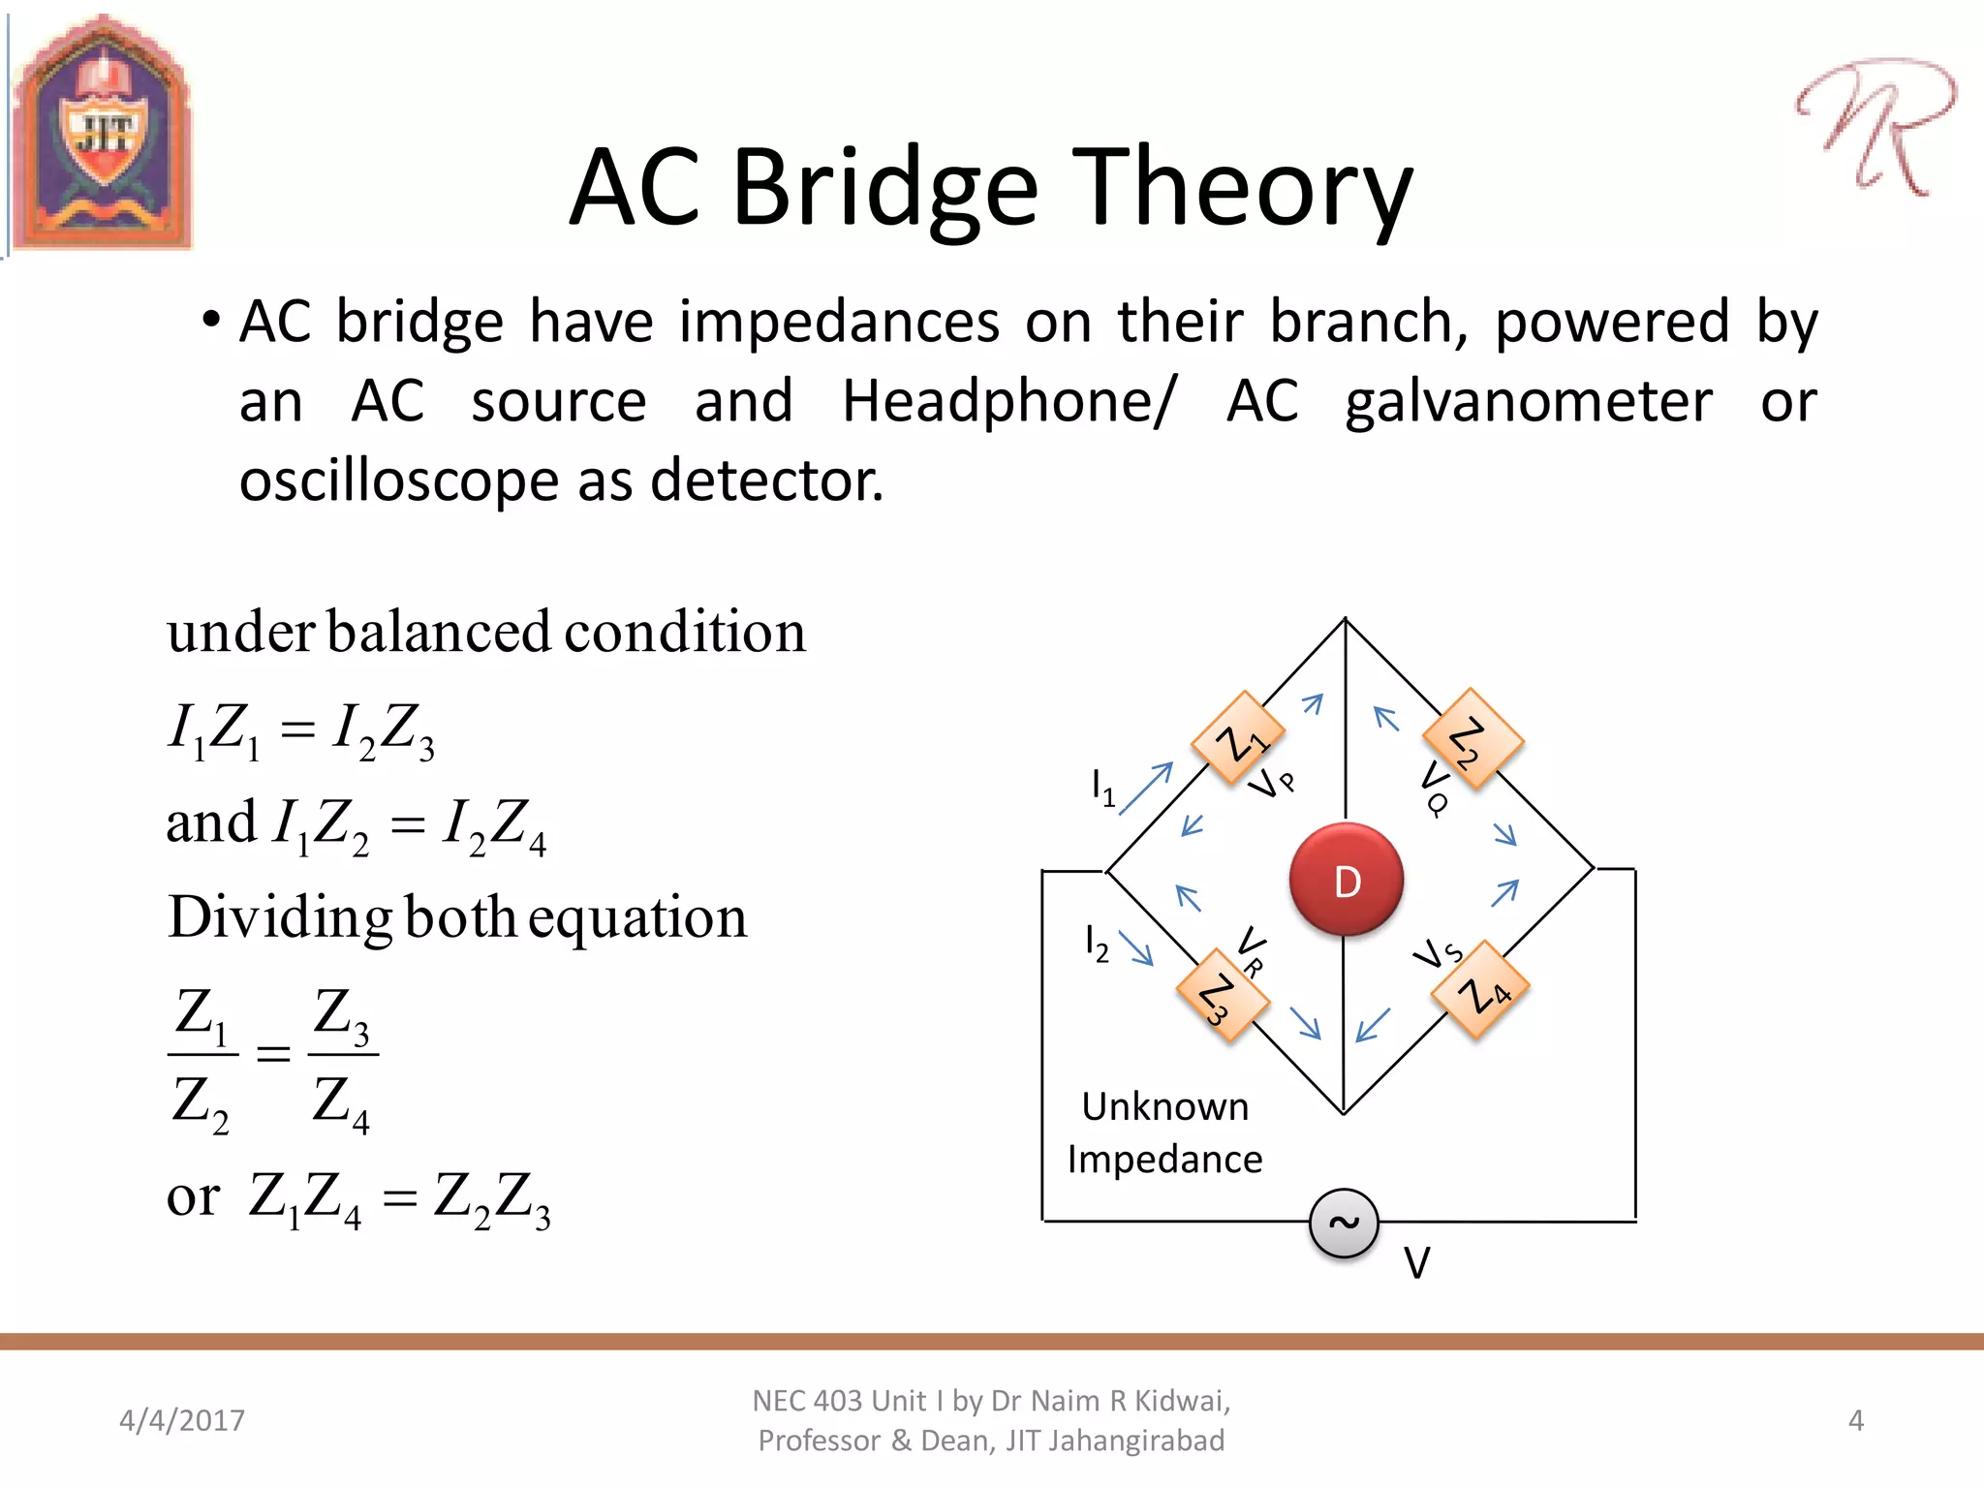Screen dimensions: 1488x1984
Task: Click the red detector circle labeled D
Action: click(1346, 880)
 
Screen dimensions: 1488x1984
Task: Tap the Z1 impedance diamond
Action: click(1238, 739)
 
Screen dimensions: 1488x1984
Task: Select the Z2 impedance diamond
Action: click(1472, 739)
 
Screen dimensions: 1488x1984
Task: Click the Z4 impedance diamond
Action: click(1480, 990)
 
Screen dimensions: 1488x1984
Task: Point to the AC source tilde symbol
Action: click(1344, 1223)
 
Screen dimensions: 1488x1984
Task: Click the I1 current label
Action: click(1102, 788)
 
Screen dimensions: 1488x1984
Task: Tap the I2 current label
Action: click(1097, 943)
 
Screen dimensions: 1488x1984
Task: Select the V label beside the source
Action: click(1416, 1263)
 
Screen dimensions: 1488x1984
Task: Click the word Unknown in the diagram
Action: click(1164, 1106)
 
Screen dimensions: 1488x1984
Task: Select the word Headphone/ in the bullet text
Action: click(1008, 401)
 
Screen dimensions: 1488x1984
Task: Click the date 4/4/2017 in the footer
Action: click(182, 1420)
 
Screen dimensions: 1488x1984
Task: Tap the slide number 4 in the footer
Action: click(1855, 1420)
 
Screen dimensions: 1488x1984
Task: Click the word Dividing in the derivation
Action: click(279, 917)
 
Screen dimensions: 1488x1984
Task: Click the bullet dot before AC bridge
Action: click(211, 320)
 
